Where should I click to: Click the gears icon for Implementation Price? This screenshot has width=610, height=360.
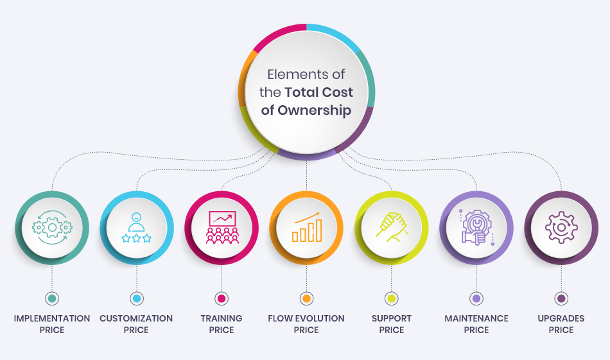tap(52, 227)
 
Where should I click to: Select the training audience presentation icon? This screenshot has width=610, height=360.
tap(222, 227)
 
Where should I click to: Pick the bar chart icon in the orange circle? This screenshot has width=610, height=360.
tap(306, 227)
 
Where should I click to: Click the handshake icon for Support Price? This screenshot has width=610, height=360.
tap(391, 227)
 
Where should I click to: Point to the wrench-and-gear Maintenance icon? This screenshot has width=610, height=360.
tap(476, 227)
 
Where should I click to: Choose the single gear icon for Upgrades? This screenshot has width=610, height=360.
tap(561, 227)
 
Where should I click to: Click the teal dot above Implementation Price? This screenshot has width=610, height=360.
tap(52, 298)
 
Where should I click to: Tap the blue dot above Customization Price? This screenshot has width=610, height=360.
tap(137, 298)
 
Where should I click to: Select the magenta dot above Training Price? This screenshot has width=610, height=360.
tap(222, 298)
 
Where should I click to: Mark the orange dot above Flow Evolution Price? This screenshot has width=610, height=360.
tap(306, 298)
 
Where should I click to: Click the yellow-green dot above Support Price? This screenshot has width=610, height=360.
tap(391, 298)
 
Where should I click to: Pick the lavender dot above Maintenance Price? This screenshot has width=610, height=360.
tap(476, 298)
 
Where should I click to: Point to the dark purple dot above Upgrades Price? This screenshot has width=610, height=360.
tap(561, 298)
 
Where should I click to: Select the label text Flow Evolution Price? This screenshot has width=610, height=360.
tap(306, 324)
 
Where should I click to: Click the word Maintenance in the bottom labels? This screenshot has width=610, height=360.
tap(476, 318)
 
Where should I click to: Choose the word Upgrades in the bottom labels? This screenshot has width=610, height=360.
tap(561, 318)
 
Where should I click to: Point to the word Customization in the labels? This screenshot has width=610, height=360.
tap(136, 318)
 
